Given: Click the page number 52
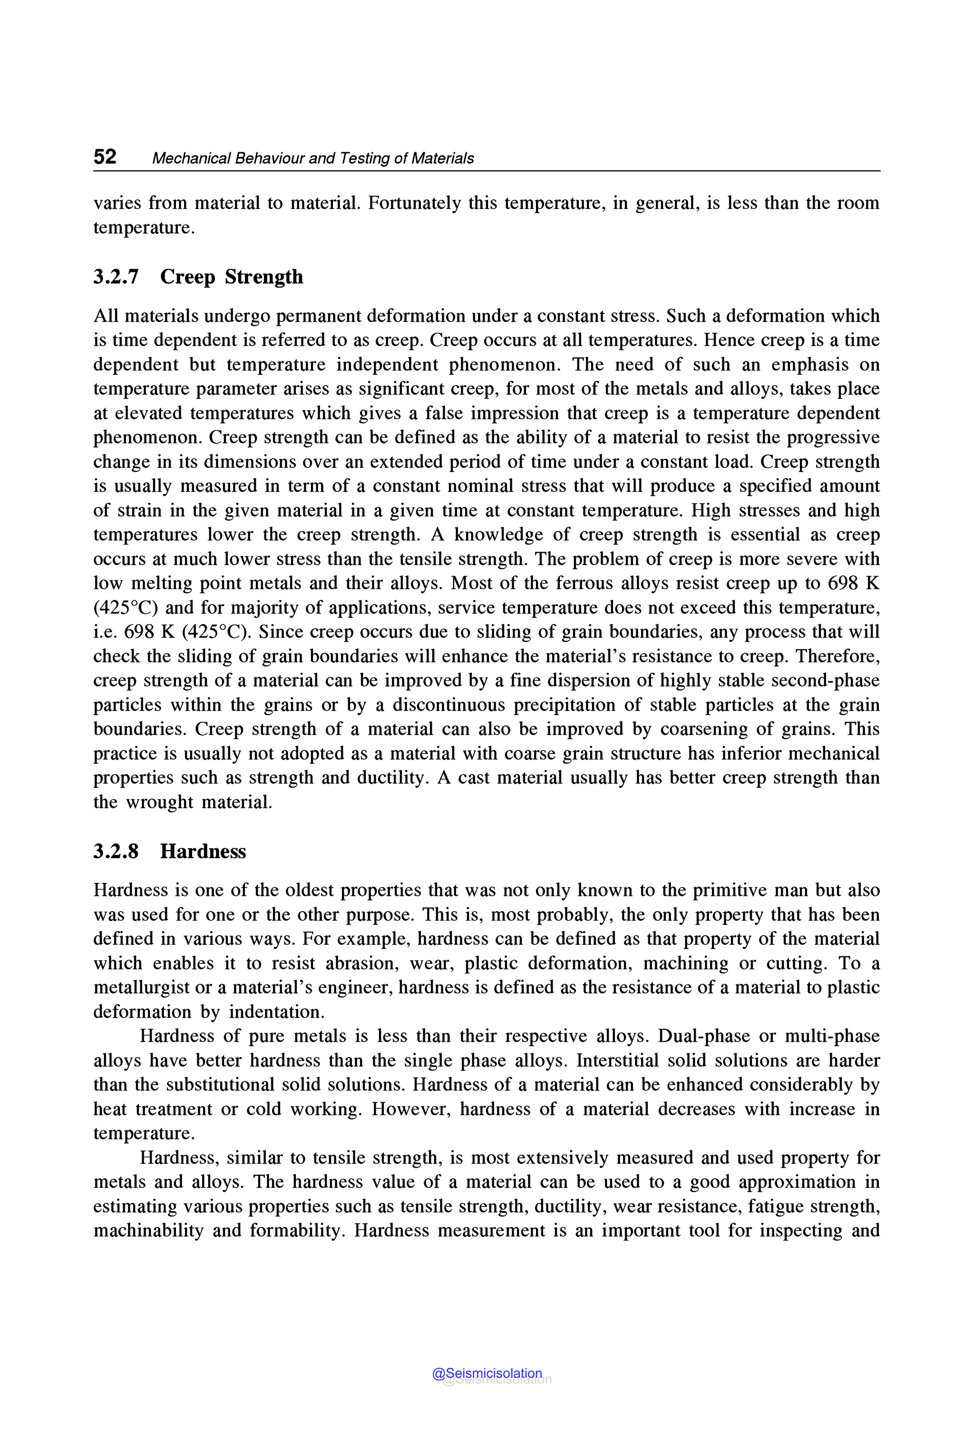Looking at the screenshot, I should [105, 157].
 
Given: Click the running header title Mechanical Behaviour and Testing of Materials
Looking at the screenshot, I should [312, 158].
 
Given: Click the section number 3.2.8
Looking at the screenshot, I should [116, 852].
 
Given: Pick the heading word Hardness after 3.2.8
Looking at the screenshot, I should [203, 852].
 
